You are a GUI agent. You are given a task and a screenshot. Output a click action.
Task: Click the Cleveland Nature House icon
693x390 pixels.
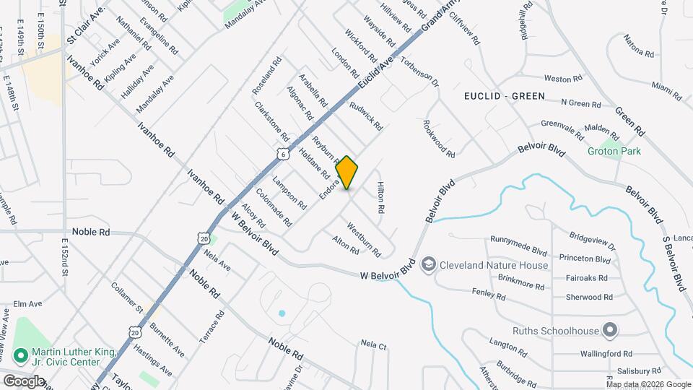coord(429,265)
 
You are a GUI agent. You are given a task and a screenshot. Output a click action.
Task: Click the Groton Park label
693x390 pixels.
coord(614,152)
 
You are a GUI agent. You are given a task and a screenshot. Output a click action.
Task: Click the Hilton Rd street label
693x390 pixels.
coord(380,197)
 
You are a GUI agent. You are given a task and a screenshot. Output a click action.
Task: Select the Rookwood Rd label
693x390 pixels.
coord(439,139)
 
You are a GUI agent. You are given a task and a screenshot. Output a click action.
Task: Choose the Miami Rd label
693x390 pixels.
coord(666,90)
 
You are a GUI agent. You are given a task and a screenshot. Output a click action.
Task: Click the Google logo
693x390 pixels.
coord(23,381)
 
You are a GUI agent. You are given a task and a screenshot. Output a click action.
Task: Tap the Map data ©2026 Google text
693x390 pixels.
coord(648,384)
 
